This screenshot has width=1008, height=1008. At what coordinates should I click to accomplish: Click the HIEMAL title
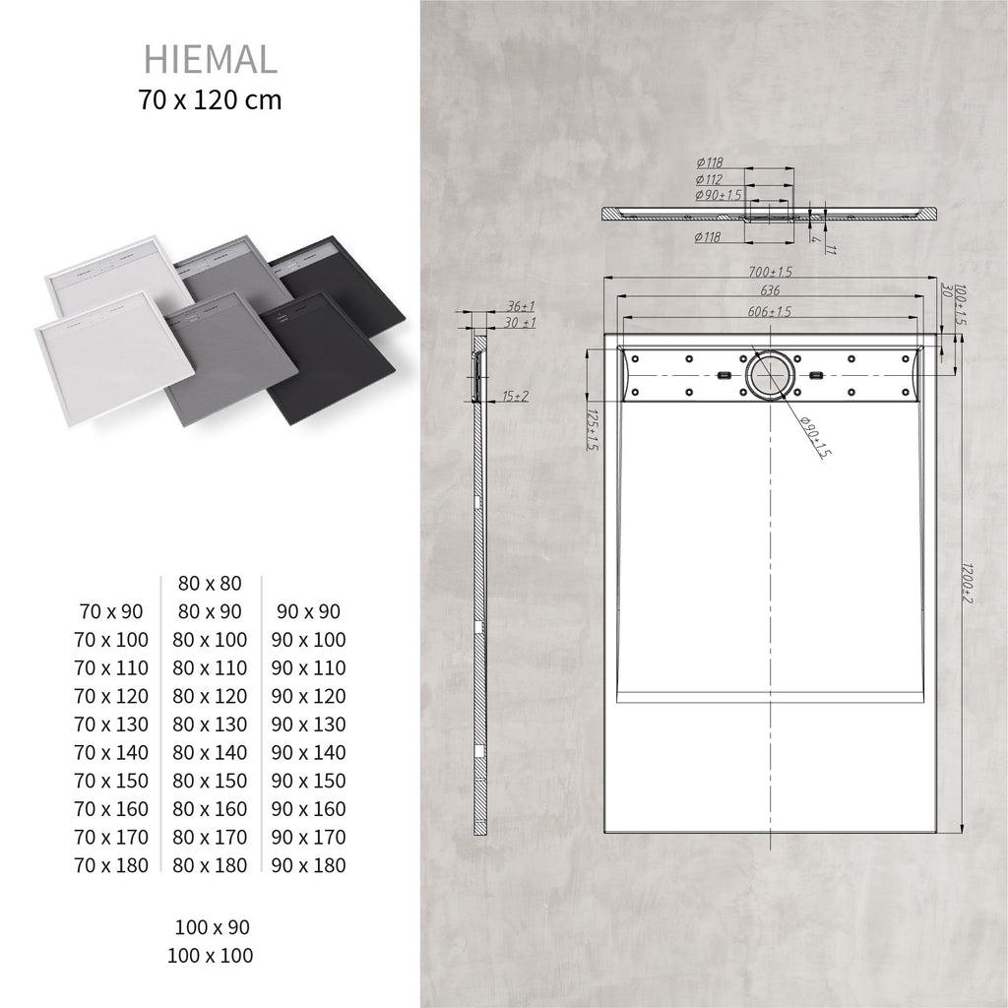pyautogui.click(x=211, y=59)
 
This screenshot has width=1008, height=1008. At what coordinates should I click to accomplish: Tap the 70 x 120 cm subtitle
pyautogui.click(x=211, y=100)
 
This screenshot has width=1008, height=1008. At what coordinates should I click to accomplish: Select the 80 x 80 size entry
pyautogui.click(x=210, y=584)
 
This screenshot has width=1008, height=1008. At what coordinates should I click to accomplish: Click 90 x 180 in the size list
pyautogui.click(x=309, y=865)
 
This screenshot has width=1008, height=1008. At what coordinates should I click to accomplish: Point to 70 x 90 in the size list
pyautogui.click(x=111, y=612)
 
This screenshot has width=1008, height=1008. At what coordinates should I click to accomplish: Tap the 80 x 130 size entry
pyautogui.click(x=210, y=724)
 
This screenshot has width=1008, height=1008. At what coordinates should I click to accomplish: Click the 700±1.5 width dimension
pyautogui.click(x=771, y=271)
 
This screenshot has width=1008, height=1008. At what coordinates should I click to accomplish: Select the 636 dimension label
pyautogui.click(x=771, y=290)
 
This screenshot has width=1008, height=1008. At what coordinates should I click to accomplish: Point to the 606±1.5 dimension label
pyautogui.click(x=769, y=311)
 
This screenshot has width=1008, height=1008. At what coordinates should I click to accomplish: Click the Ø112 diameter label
pyautogui.click(x=710, y=179)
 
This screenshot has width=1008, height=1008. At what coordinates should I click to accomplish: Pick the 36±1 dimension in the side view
pyautogui.click(x=521, y=307)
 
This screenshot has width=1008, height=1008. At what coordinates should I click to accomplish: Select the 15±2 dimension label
pyautogui.click(x=515, y=396)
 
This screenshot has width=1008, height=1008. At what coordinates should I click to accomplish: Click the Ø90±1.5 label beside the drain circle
pyautogui.click(x=814, y=437)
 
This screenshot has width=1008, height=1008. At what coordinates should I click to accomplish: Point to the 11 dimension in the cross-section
pyautogui.click(x=831, y=248)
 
